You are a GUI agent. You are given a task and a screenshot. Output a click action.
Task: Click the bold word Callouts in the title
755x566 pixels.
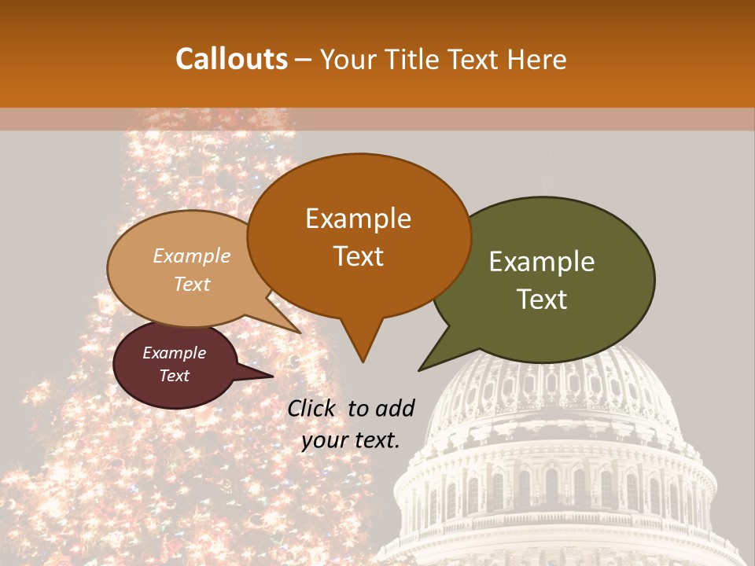coord(232,59)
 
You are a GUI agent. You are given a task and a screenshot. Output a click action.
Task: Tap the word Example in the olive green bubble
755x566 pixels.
coord(542,262)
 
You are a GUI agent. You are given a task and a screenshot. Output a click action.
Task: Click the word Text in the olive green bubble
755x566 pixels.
coord(542,299)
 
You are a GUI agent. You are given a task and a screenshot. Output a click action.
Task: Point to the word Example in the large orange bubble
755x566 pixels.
coord(358,219)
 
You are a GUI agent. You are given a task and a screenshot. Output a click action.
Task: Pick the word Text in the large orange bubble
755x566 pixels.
coord(358,256)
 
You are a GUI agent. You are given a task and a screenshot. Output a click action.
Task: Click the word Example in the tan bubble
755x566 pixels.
coord(192,255)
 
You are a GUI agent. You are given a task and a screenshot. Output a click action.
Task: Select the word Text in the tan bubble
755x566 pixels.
coord(192,284)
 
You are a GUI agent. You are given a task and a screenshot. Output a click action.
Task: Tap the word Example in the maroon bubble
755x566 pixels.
coord(174,353)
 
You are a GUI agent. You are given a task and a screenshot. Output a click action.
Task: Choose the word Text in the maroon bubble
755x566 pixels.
coord(174,376)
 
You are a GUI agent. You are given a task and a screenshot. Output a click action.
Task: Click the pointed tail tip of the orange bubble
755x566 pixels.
coord(363,362)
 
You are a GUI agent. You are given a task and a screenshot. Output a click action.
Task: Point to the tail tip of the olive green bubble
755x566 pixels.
coord(419,370)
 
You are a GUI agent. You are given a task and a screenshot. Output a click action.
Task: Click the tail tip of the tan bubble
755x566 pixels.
coord(300,333)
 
